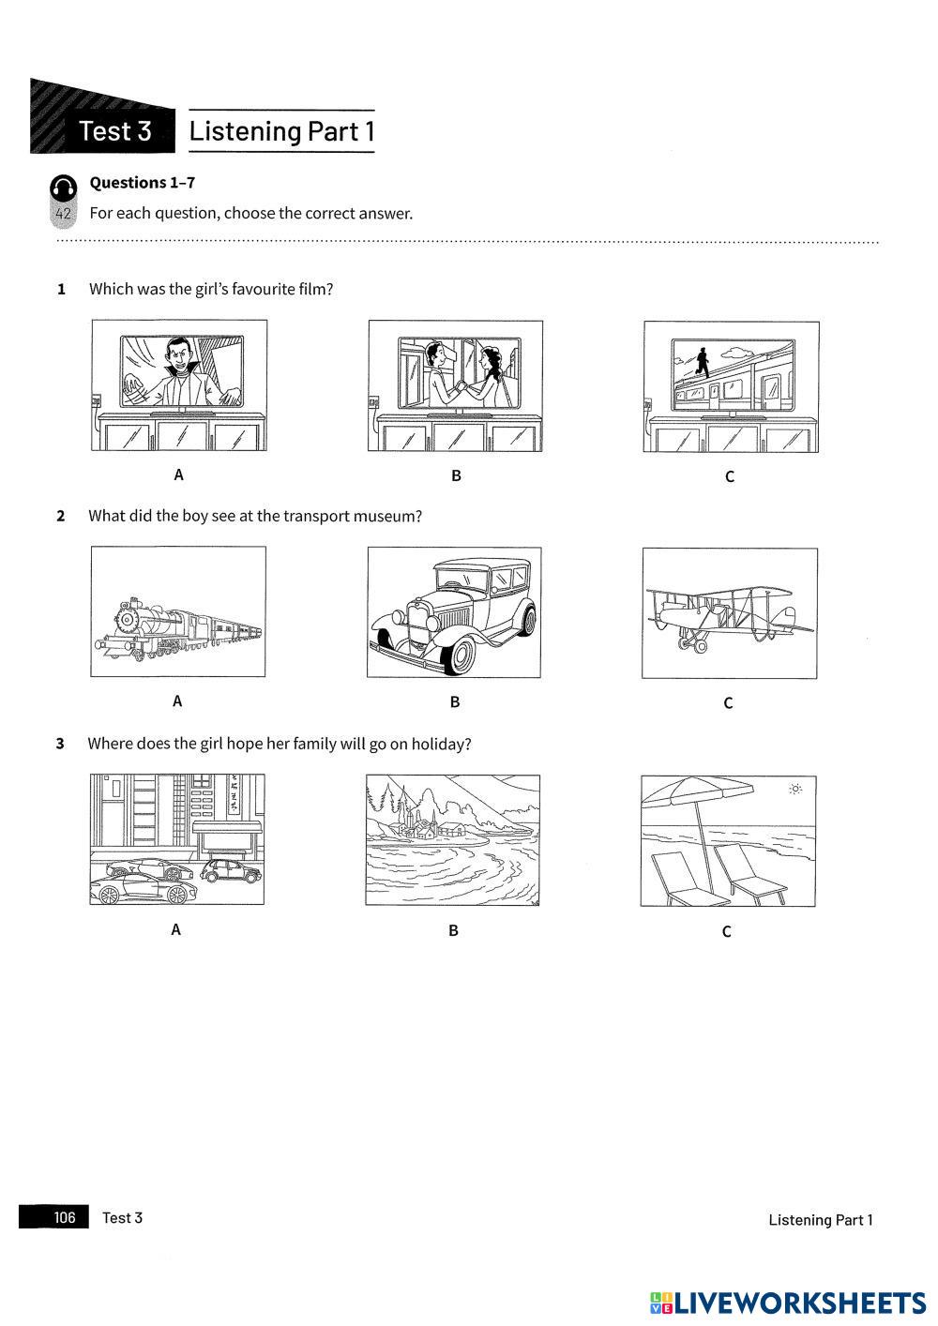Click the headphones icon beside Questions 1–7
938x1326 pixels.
63,187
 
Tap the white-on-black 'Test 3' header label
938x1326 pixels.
115,131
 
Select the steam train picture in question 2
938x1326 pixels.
177,611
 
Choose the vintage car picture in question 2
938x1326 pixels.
454,612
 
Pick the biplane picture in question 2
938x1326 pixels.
729,613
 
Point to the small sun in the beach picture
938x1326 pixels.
795,790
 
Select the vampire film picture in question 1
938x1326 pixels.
179,384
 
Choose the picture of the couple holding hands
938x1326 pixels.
455,385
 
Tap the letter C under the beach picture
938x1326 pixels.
726,931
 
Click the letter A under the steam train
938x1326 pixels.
177,701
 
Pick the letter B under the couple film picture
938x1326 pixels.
456,475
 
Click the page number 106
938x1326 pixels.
64,1217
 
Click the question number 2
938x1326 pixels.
61,516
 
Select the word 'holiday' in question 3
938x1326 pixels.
439,744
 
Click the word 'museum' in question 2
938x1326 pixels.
387,516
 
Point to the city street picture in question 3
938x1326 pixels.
177,839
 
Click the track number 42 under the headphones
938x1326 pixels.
63,214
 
